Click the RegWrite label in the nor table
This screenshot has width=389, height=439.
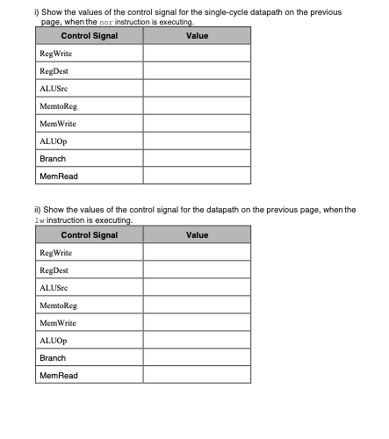pyautogui.click(x=55, y=54)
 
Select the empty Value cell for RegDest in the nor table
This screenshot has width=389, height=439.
pyautogui.click(x=197, y=71)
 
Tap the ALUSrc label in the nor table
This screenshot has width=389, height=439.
pyautogui.click(x=52, y=89)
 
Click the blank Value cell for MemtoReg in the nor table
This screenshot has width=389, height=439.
pyautogui.click(x=197, y=106)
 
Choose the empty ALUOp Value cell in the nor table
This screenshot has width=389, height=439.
pyautogui.click(x=197, y=141)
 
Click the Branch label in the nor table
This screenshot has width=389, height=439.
pyautogui.click(x=53, y=159)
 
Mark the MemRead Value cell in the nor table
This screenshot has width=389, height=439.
pyautogui.click(x=197, y=176)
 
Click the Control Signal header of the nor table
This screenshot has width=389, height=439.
pyautogui.click(x=90, y=36)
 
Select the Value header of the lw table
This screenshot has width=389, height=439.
pyautogui.click(x=197, y=235)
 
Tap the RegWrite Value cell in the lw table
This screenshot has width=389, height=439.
pyautogui.click(x=197, y=253)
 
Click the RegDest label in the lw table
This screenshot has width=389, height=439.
pyautogui.click(x=55, y=270)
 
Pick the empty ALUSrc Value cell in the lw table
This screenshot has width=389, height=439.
pyautogui.click(x=197, y=288)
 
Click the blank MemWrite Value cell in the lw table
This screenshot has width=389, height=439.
pyautogui.click(x=197, y=323)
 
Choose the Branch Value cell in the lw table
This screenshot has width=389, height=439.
pyautogui.click(x=197, y=358)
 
